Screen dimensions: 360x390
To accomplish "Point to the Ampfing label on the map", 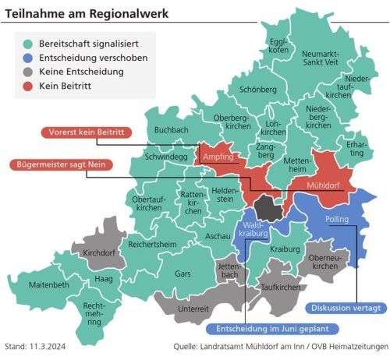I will click(x=218, y=157).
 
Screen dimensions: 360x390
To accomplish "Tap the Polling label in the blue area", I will click(x=337, y=220).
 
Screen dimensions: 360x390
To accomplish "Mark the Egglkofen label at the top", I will click(x=278, y=45).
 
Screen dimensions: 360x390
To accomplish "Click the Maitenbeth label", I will click(x=49, y=285).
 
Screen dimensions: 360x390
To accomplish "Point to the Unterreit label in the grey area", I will click(x=193, y=309).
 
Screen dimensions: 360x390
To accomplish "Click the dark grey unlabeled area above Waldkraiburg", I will click(x=270, y=207).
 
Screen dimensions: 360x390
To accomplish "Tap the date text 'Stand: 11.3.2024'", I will click(x=38, y=346).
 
